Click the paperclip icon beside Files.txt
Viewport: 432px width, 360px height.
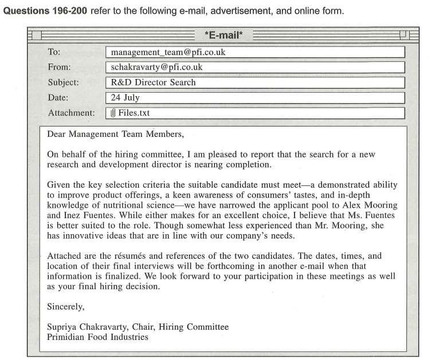[113, 113]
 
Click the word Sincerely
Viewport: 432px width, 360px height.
[65, 307]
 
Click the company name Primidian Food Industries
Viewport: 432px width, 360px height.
[97, 337]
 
